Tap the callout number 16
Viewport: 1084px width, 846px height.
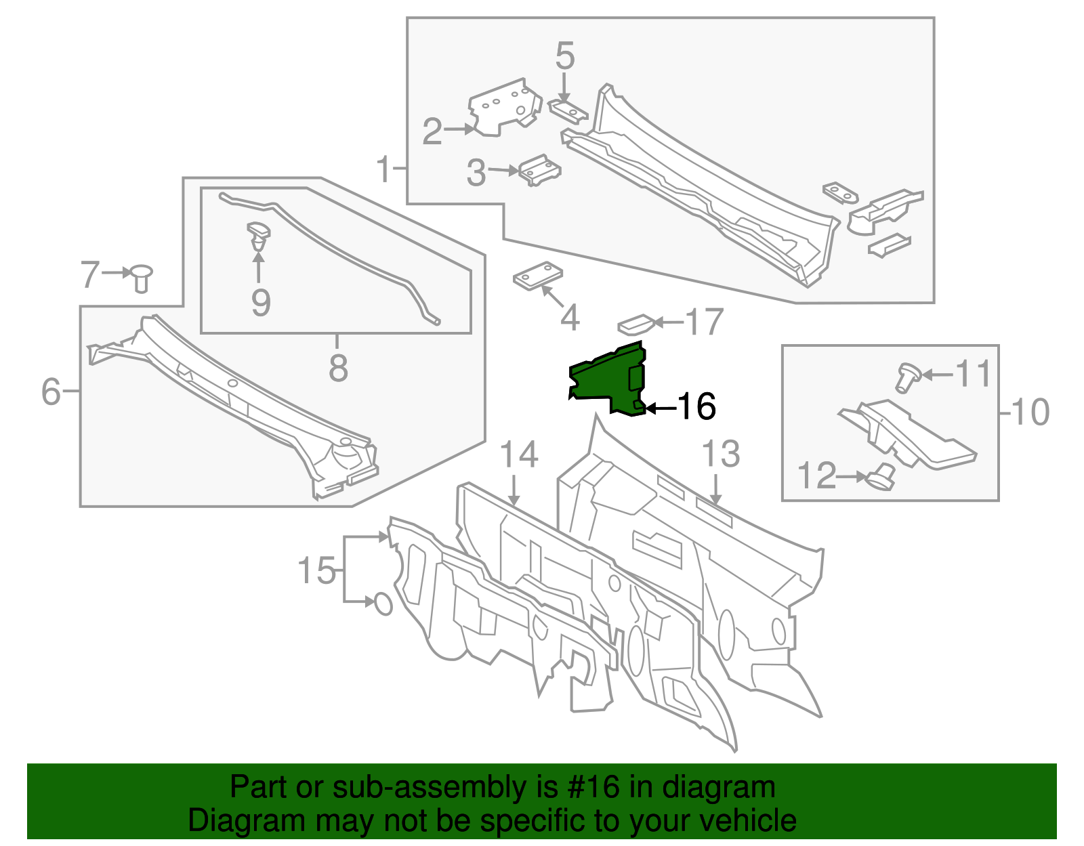[x=696, y=407]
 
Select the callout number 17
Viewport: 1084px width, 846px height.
[x=705, y=322]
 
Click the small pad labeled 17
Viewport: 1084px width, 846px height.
[x=635, y=324]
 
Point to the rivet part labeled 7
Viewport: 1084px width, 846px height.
[x=142, y=276]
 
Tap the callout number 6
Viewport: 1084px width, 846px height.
[x=51, y=392]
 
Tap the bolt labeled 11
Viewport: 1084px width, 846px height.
[x=907, y=376]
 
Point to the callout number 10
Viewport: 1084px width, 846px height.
[x=1030, y=412]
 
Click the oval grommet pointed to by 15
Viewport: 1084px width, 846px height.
[x=383, y=604]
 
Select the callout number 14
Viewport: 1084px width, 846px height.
[x=518, y=455]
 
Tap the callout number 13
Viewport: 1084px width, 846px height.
[x=720, y=454]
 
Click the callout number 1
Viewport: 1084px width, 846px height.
[x=383, y=169]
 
